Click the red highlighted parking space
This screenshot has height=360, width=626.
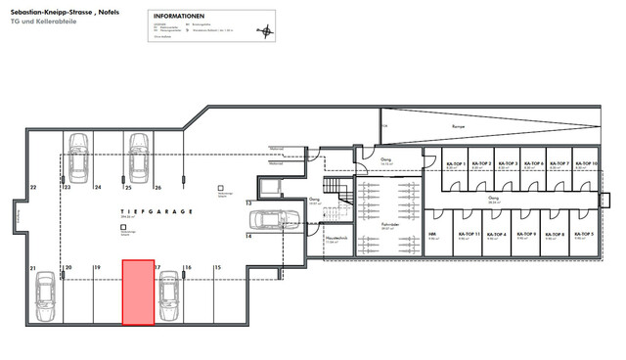[137, 291]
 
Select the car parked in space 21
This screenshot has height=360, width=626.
[45, 295]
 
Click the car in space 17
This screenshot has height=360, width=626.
[168, 295]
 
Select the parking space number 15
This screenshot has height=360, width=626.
[217, 266]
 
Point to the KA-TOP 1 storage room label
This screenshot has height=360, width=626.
[456, 163]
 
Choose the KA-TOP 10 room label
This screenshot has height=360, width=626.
[588, 163]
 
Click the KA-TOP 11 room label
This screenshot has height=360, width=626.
[456, 235]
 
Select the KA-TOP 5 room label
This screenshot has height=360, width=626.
[585, 235]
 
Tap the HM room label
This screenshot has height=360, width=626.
[432, 235]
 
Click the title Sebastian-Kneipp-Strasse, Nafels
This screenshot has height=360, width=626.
[59, 12]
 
